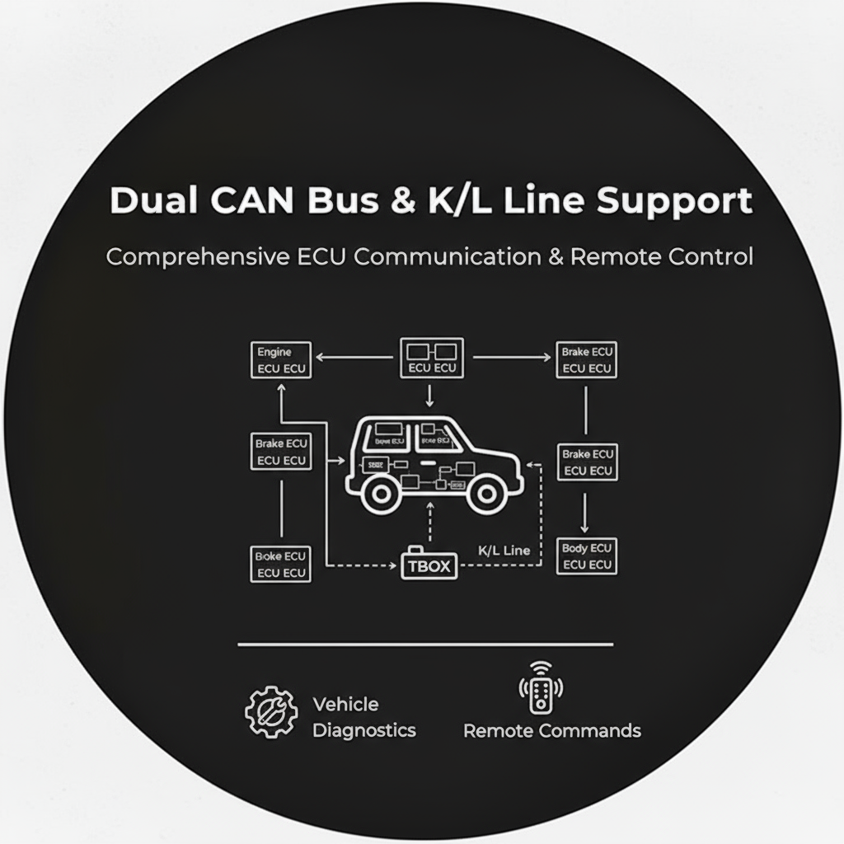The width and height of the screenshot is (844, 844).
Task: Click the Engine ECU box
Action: (x=280, y=360)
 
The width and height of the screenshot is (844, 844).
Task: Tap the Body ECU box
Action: (x=586, y=556)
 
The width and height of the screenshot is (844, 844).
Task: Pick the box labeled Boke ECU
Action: (x=280, y=565)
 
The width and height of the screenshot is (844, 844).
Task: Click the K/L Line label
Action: (x=504, y=550)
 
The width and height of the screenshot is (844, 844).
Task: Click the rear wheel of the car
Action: (x=380, y=493)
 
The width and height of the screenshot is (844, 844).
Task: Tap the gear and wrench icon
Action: (x=270, y=712)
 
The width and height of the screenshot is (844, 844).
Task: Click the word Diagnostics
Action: (x=363, y=730)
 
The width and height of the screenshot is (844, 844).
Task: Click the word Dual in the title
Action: (x=146, y=201)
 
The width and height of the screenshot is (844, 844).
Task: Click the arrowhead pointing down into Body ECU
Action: (x=585, y=527)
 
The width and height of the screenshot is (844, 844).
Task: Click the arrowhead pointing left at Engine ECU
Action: (x=323, y=358)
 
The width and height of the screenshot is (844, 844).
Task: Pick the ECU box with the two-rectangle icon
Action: (x=432, y=358)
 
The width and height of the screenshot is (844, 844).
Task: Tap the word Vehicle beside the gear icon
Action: (x=345, y=705)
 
